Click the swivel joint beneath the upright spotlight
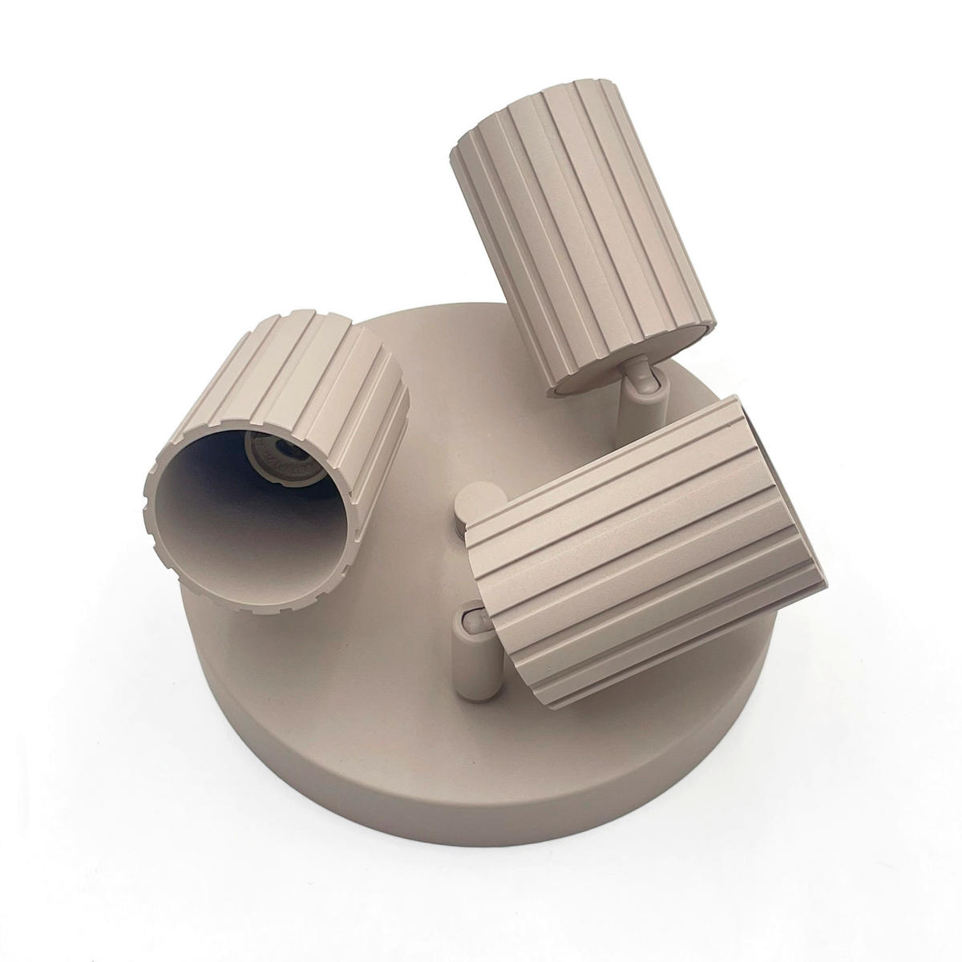[641, 377]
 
